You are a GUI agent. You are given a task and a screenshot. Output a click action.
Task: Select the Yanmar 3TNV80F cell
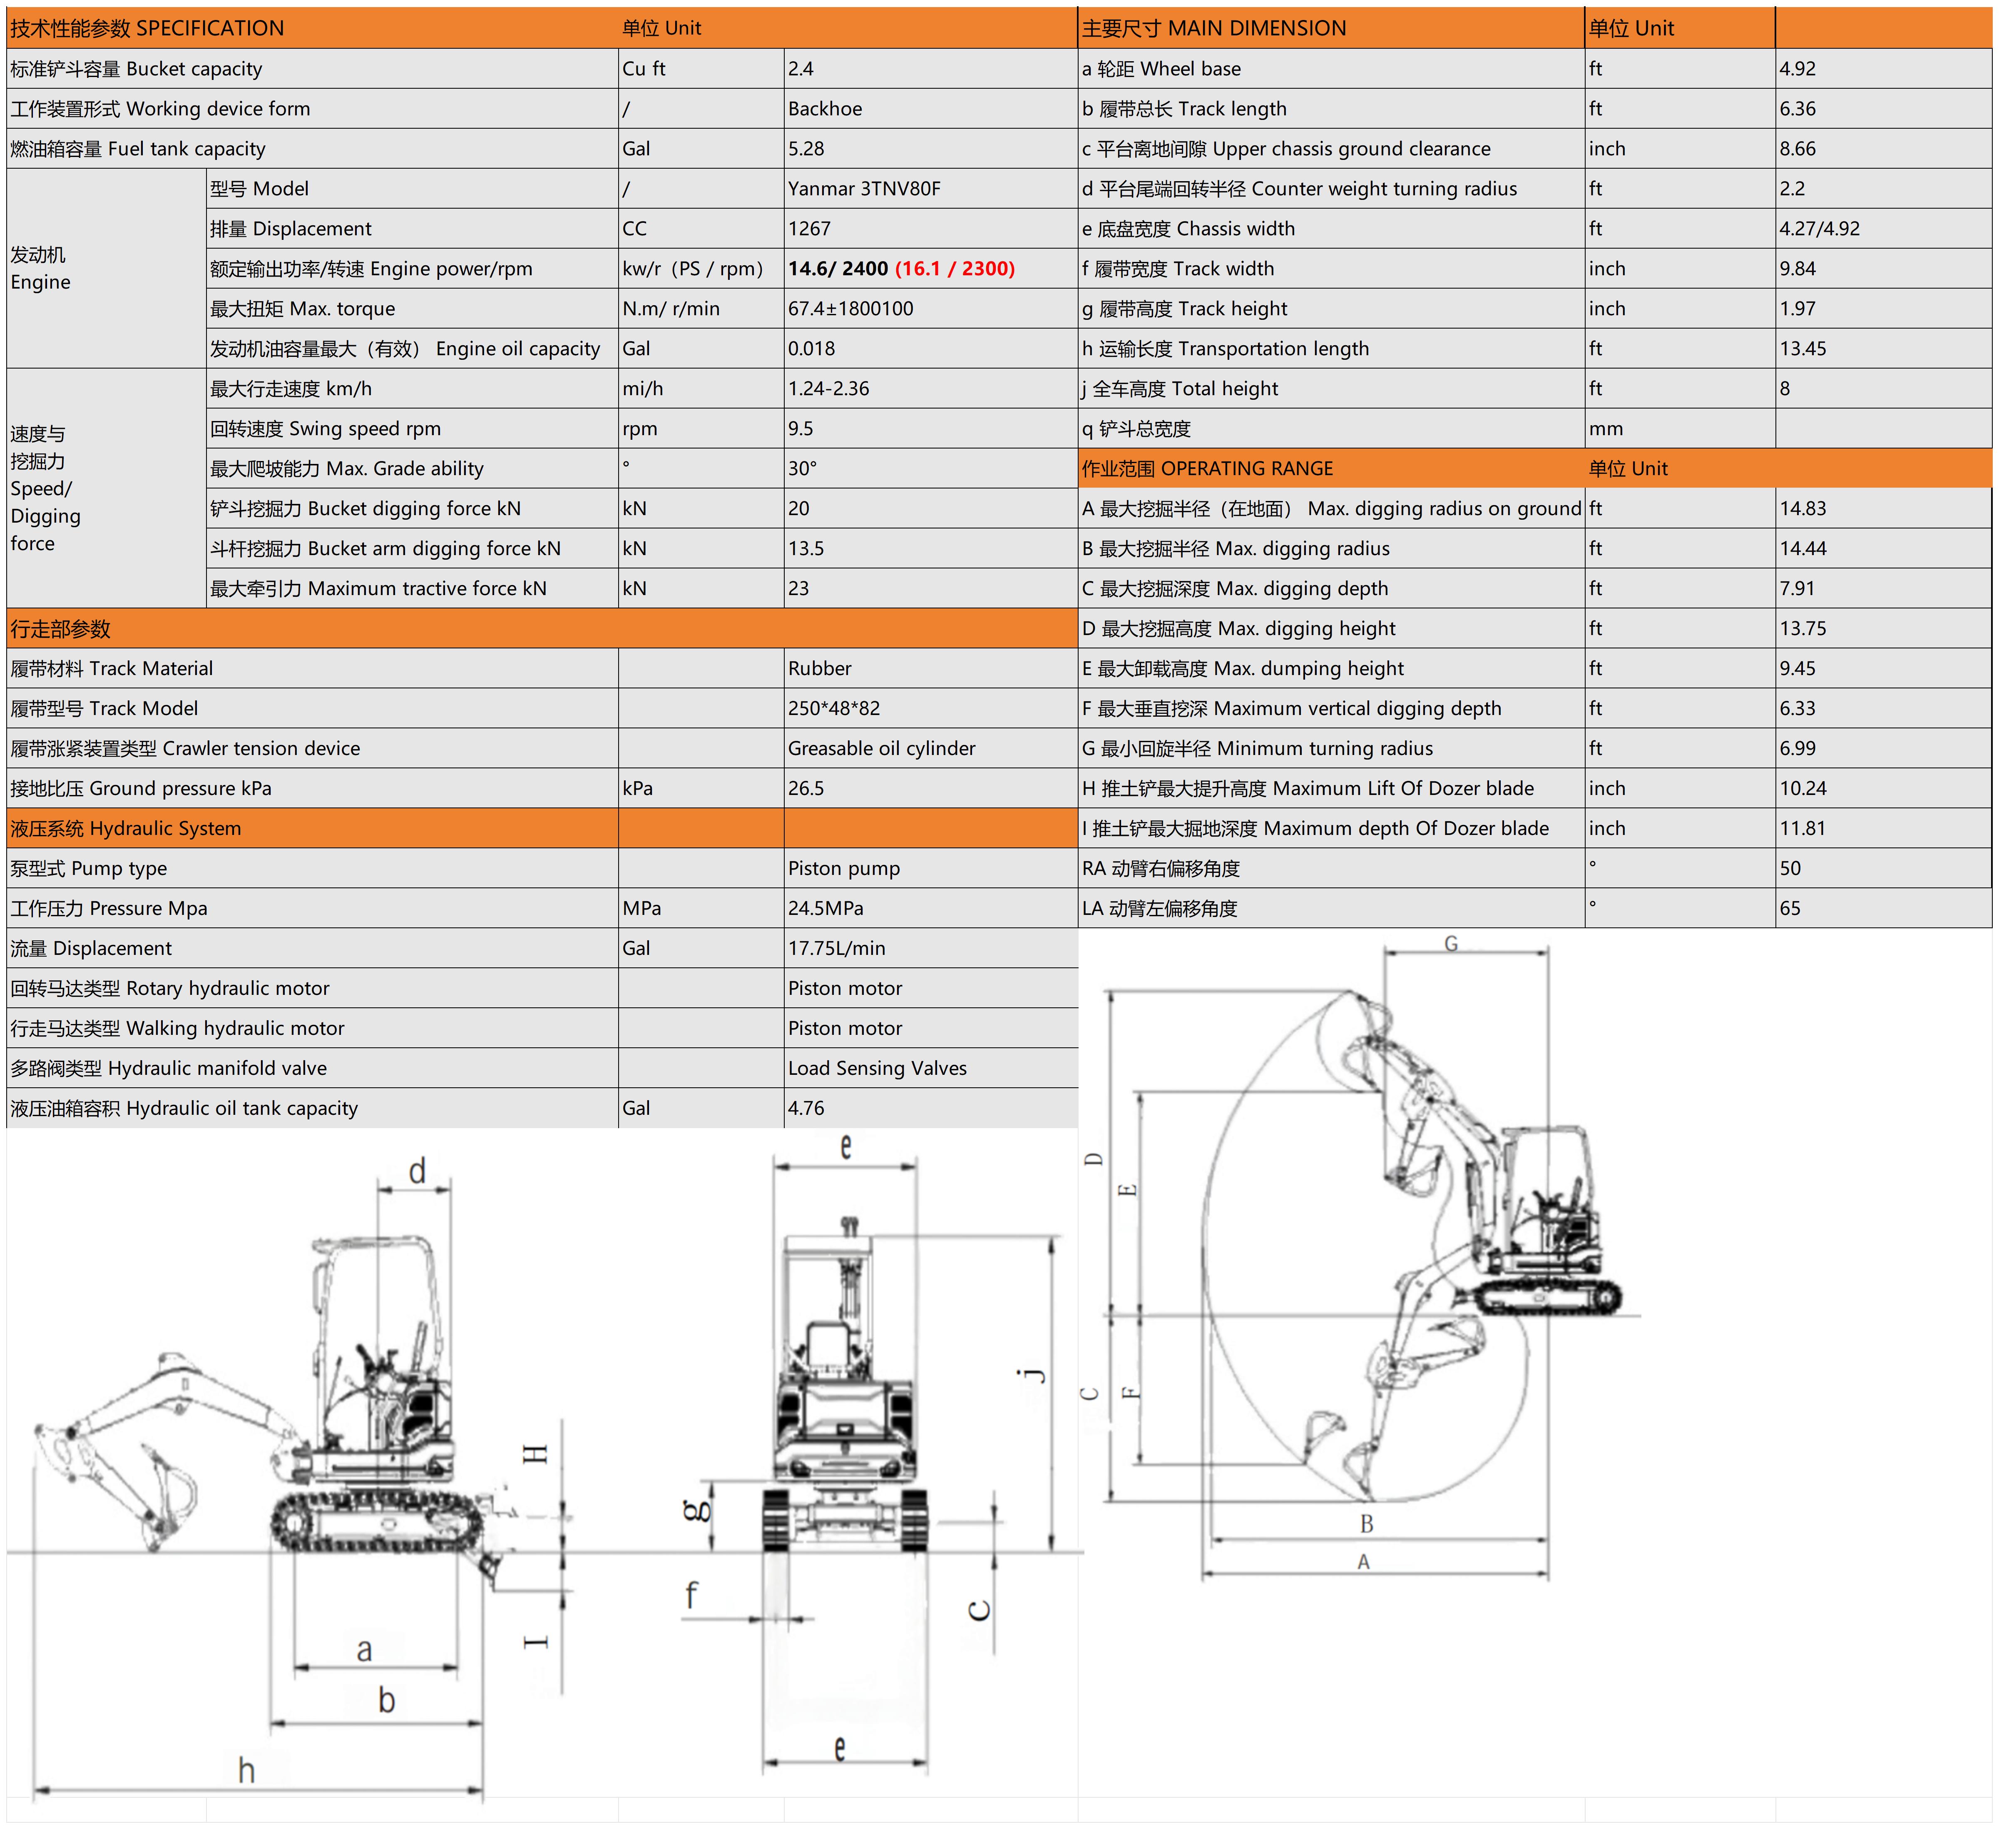864,189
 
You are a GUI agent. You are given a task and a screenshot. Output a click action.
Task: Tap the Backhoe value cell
825,109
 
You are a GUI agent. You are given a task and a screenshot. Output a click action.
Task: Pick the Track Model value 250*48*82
834,708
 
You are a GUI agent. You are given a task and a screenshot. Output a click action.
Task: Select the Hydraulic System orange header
126,828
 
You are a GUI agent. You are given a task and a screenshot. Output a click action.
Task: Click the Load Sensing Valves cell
877,1068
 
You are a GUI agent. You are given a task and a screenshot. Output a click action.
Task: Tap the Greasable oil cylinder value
882,748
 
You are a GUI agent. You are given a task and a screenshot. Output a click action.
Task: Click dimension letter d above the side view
418,1171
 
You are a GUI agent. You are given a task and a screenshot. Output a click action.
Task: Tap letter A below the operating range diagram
1363,1561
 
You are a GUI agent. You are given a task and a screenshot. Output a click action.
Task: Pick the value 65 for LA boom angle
1790,909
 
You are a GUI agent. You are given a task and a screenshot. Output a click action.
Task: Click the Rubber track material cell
819,668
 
